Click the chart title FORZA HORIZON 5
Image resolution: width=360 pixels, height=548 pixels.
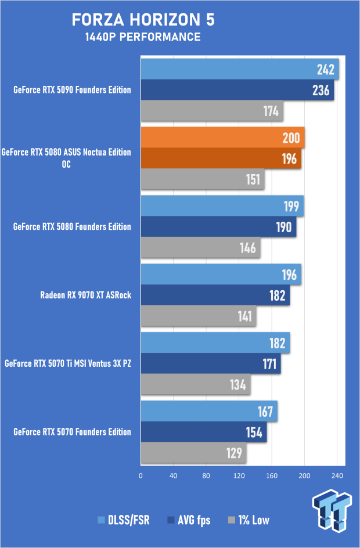tap(143, 20)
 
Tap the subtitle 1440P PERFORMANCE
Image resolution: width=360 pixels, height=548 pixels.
tap(143, 37)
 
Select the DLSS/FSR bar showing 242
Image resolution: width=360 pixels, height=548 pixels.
tap(239, 70)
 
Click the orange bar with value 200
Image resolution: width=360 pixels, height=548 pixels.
tap(222, 138)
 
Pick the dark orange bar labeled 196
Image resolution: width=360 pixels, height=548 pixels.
tap(221, 158)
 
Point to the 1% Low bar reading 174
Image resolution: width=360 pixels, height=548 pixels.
tap(212, 110)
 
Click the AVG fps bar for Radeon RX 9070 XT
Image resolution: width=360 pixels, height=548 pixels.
tap(215, 295)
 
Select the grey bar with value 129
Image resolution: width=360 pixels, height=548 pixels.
tap(193, 453)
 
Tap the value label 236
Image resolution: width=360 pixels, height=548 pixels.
tap(320, 90)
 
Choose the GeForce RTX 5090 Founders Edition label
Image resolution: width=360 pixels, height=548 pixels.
tap(72, 90)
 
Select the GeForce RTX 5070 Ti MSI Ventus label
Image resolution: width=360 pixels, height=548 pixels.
tap(67, 363)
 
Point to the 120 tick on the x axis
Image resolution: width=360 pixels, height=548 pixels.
tap(239, 475)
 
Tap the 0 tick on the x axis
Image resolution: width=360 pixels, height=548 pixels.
tap(141, 475)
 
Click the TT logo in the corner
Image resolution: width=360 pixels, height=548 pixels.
tap(332, 510)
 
